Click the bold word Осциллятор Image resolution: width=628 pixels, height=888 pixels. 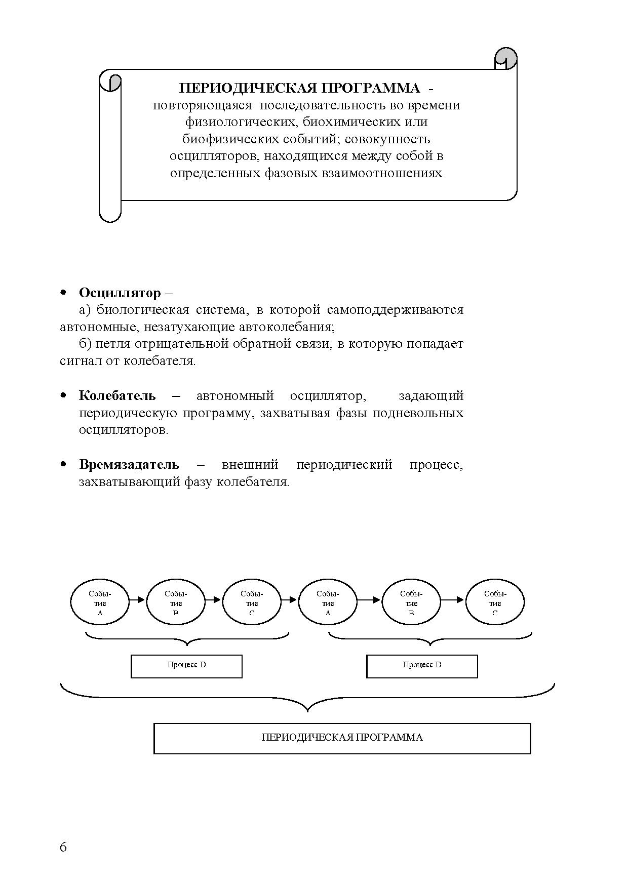pyautogui.click(x=120, y=293)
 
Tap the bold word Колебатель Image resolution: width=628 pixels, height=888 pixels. pyautogui.click(x=117, y=396)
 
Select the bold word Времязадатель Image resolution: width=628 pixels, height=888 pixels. pyautogui.click(x=129, y=465)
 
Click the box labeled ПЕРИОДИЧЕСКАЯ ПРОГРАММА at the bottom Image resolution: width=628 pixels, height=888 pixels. pyautogui.click(x=342, y=738)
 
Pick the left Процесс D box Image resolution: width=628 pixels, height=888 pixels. pyautogui.click(x=186, y=666)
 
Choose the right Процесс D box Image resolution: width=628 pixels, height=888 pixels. pyautogui.click(x=422, y=666)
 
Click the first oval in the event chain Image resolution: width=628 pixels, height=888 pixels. pyautogui.click(x=100, y=601)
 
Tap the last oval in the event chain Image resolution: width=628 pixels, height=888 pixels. pyautogui.click(x=495, y=601)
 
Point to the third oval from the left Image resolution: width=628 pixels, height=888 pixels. pyautogui.click(x=252, y=601)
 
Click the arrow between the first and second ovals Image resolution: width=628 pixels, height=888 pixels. pyautogui.click(x=137, y=600)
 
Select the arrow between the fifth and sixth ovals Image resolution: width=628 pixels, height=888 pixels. pyautogui.click(x=452, y=600)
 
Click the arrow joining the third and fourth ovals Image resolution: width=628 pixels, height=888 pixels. pyautogui.click(x=289, y=600)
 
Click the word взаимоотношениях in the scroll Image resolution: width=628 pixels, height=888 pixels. pyautogui.click(x=382, y=174)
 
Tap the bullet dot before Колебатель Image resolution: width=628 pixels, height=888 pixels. pyautogui.click(x=63, y=395)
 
